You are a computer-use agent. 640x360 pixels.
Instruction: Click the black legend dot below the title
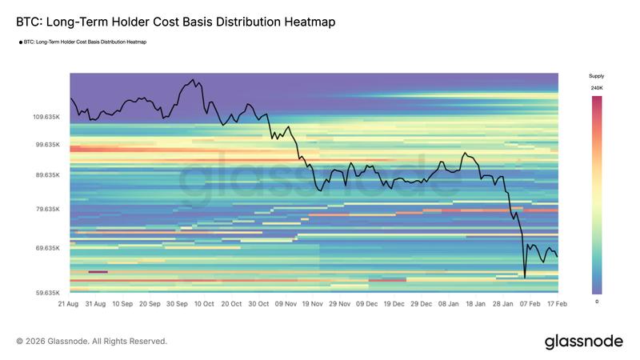click(20, 42)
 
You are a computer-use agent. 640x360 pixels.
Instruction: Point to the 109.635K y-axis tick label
click(46, 117)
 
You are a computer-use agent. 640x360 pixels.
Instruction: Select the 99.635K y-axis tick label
click(46, 145)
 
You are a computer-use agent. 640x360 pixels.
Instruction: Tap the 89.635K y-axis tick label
click(46, 174)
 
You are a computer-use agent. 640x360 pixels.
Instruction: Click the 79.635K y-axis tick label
click(46, 210)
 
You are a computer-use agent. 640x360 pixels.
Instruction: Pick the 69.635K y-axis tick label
click(46, 248)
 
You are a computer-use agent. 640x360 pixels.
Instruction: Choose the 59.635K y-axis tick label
click(46, 293)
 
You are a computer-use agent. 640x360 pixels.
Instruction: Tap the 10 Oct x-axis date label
click(203, 304)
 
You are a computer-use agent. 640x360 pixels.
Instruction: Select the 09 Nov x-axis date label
click(286, 304)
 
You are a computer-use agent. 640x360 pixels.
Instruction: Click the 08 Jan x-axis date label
click(449, 304)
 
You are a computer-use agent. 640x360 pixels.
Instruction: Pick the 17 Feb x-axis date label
click(557, 304)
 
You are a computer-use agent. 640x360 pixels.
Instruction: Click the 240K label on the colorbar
click(597, 87)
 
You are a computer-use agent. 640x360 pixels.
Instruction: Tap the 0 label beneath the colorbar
click(597, 302)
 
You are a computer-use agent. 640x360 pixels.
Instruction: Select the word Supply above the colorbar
click(597, 76)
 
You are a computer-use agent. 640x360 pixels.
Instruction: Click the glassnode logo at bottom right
click(583, 342)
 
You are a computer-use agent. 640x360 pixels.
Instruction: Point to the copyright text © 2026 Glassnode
click(92, 342)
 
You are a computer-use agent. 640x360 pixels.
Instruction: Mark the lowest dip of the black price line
click(525, 278)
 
